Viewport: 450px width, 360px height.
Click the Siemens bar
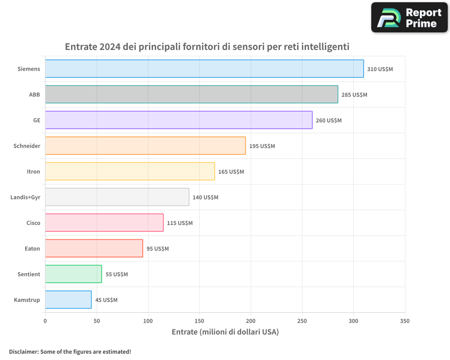pyautogui.click(x=204, y=69)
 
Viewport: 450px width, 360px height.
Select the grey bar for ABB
pyautogui.click(x=191, y=94)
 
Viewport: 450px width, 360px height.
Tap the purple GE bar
pyautogui.click(x=179, y=120)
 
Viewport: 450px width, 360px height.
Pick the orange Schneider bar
pyautogui.click(x=145, y=146)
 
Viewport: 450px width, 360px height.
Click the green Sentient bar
pyautogui.click(x=73, y=274)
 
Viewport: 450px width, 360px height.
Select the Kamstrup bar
pyautogui.click(x=68, y=300)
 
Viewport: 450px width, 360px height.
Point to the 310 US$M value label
pyautogui.click(x=380, y=69)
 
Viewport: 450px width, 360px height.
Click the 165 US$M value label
pyautogui.click(x=231, y=172)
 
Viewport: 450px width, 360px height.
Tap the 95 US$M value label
pyautogui.click(x=157, y=249)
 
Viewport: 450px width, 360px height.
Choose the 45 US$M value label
pyautogui.click(x=106, y=300)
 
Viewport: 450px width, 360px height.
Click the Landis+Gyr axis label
pyautogui.click(x=25, y=197)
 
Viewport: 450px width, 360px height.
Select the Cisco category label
pyautogui.click(x=33, y=223)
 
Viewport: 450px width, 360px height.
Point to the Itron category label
pyautogui.click(x=34, y=171)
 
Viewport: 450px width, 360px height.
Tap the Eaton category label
pyautogui.click(x=32, y=248)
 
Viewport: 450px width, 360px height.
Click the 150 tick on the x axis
pyautogui.click(x=199, y=321)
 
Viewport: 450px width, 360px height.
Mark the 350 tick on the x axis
pyautogui.click(x=405, y=321)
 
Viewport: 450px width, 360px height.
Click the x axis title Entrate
pyautogui.click(x=184, y=332)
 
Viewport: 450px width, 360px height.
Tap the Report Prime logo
pyautogui.click(x=409, y=18)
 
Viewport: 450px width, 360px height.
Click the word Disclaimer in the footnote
pyautogui.click(x=23, y=352)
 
